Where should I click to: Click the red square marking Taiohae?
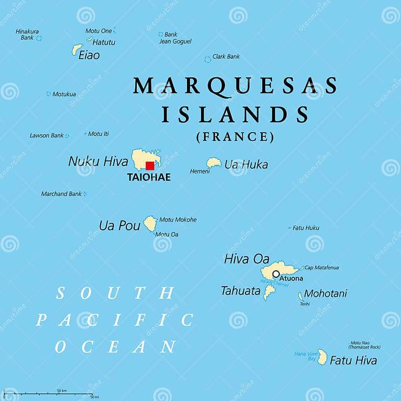[150, 166]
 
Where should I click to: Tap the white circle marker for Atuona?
[276, 274]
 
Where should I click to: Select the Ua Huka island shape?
[214, 163]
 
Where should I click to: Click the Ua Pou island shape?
[150, 224]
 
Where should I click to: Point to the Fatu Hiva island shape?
[322, 358]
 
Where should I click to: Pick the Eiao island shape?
[77, 50]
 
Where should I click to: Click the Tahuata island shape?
[269, 292]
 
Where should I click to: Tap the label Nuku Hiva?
[98, 161]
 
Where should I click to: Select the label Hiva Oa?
[246, 258]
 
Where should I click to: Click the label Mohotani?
[325, 293]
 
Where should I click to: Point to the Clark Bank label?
[226, 56]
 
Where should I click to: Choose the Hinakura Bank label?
[27, 34]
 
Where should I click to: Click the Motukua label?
[64, 95]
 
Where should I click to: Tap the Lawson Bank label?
[46, 136]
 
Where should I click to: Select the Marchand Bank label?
[61, 194]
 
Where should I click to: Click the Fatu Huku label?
[306, 228]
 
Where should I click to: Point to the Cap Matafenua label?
[322, 268]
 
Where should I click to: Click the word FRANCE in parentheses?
[235, 137]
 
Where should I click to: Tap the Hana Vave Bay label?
[305, 356]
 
